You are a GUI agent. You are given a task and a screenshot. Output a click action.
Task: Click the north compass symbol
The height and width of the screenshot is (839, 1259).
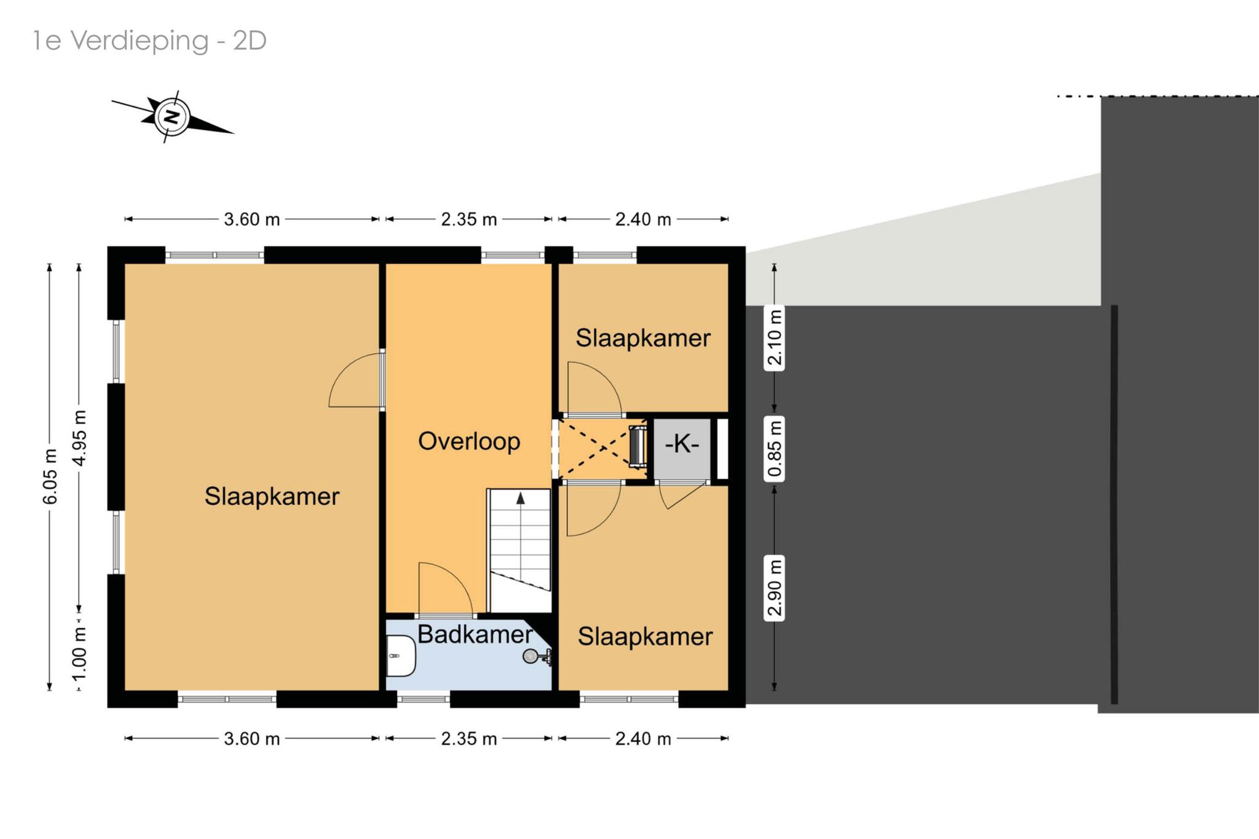(172, 117)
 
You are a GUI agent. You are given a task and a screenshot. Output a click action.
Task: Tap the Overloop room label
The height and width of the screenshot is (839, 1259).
(469, 441)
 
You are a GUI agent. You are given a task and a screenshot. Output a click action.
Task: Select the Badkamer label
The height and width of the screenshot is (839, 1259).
(475, 634)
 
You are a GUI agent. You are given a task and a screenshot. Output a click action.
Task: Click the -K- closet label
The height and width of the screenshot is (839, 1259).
(682, 443)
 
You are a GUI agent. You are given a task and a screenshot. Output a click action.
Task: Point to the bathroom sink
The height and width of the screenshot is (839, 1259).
(400, 656)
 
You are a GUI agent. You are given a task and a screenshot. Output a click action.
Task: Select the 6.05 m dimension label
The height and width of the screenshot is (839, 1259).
(50, 476)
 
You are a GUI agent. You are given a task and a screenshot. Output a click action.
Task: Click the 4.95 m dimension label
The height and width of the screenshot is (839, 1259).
(79, 438)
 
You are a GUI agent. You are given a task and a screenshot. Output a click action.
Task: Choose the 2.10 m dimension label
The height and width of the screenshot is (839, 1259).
(775, 337)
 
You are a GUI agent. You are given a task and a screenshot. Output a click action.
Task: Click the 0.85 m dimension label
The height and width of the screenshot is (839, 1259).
(775, 448)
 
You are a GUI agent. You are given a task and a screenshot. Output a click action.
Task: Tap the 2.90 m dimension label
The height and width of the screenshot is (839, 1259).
(775, 588)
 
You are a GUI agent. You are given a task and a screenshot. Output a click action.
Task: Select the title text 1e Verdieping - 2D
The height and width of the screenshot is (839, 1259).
(149, 41)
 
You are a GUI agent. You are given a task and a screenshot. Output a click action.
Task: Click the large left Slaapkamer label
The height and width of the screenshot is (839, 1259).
(272, 496)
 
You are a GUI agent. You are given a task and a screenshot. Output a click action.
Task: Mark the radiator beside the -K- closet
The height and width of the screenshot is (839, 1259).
(637, 444)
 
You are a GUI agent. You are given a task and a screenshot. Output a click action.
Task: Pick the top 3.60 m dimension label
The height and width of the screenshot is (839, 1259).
(251, 219)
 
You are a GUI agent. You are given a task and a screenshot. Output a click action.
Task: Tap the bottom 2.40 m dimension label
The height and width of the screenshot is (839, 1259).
(643, 738)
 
